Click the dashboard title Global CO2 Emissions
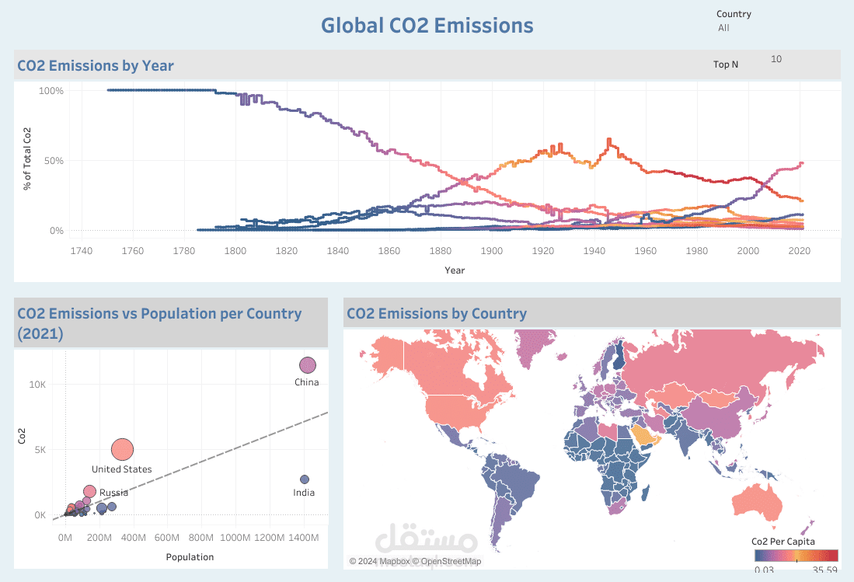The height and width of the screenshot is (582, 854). (x=427, y=26)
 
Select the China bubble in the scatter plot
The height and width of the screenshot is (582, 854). (x=308, y=365)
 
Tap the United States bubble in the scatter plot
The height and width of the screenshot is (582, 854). (x=123, y=449)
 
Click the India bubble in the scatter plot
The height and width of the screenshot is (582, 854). (x=305, y=479)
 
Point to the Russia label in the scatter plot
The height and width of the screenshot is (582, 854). (x=114, y=493)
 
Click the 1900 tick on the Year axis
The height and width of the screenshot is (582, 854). (x=491, y=250)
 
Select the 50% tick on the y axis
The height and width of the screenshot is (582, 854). (x=51, y=161)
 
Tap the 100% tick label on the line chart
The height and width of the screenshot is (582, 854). (x=51, y=91)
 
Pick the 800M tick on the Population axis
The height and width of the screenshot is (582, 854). (x=201, y=538)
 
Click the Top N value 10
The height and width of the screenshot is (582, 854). (x=776, y=59)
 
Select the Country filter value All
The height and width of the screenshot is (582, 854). (x=723, y=28)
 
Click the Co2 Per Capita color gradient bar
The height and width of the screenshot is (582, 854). (x=796, y=556)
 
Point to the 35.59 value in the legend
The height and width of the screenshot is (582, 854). (x=825, y=570)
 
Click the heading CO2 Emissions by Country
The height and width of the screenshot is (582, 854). (x=437, y=314)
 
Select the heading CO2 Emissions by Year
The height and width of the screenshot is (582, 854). (x=96, y=65)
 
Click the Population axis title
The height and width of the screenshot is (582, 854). (x=190, y=557)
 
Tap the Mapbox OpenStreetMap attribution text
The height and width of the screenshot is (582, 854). (x=415, y=561)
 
